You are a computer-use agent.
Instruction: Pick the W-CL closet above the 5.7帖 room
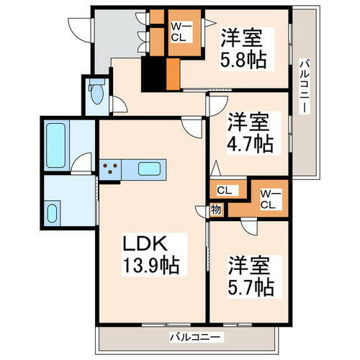click(x=269, y=197)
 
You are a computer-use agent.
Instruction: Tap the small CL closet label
click(x=224, y=191)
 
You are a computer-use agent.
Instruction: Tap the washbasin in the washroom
click(x=53, y=212)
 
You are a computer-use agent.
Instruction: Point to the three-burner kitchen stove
click(x=111, y=170)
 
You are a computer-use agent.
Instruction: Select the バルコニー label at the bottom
click(x=197, y=336)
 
